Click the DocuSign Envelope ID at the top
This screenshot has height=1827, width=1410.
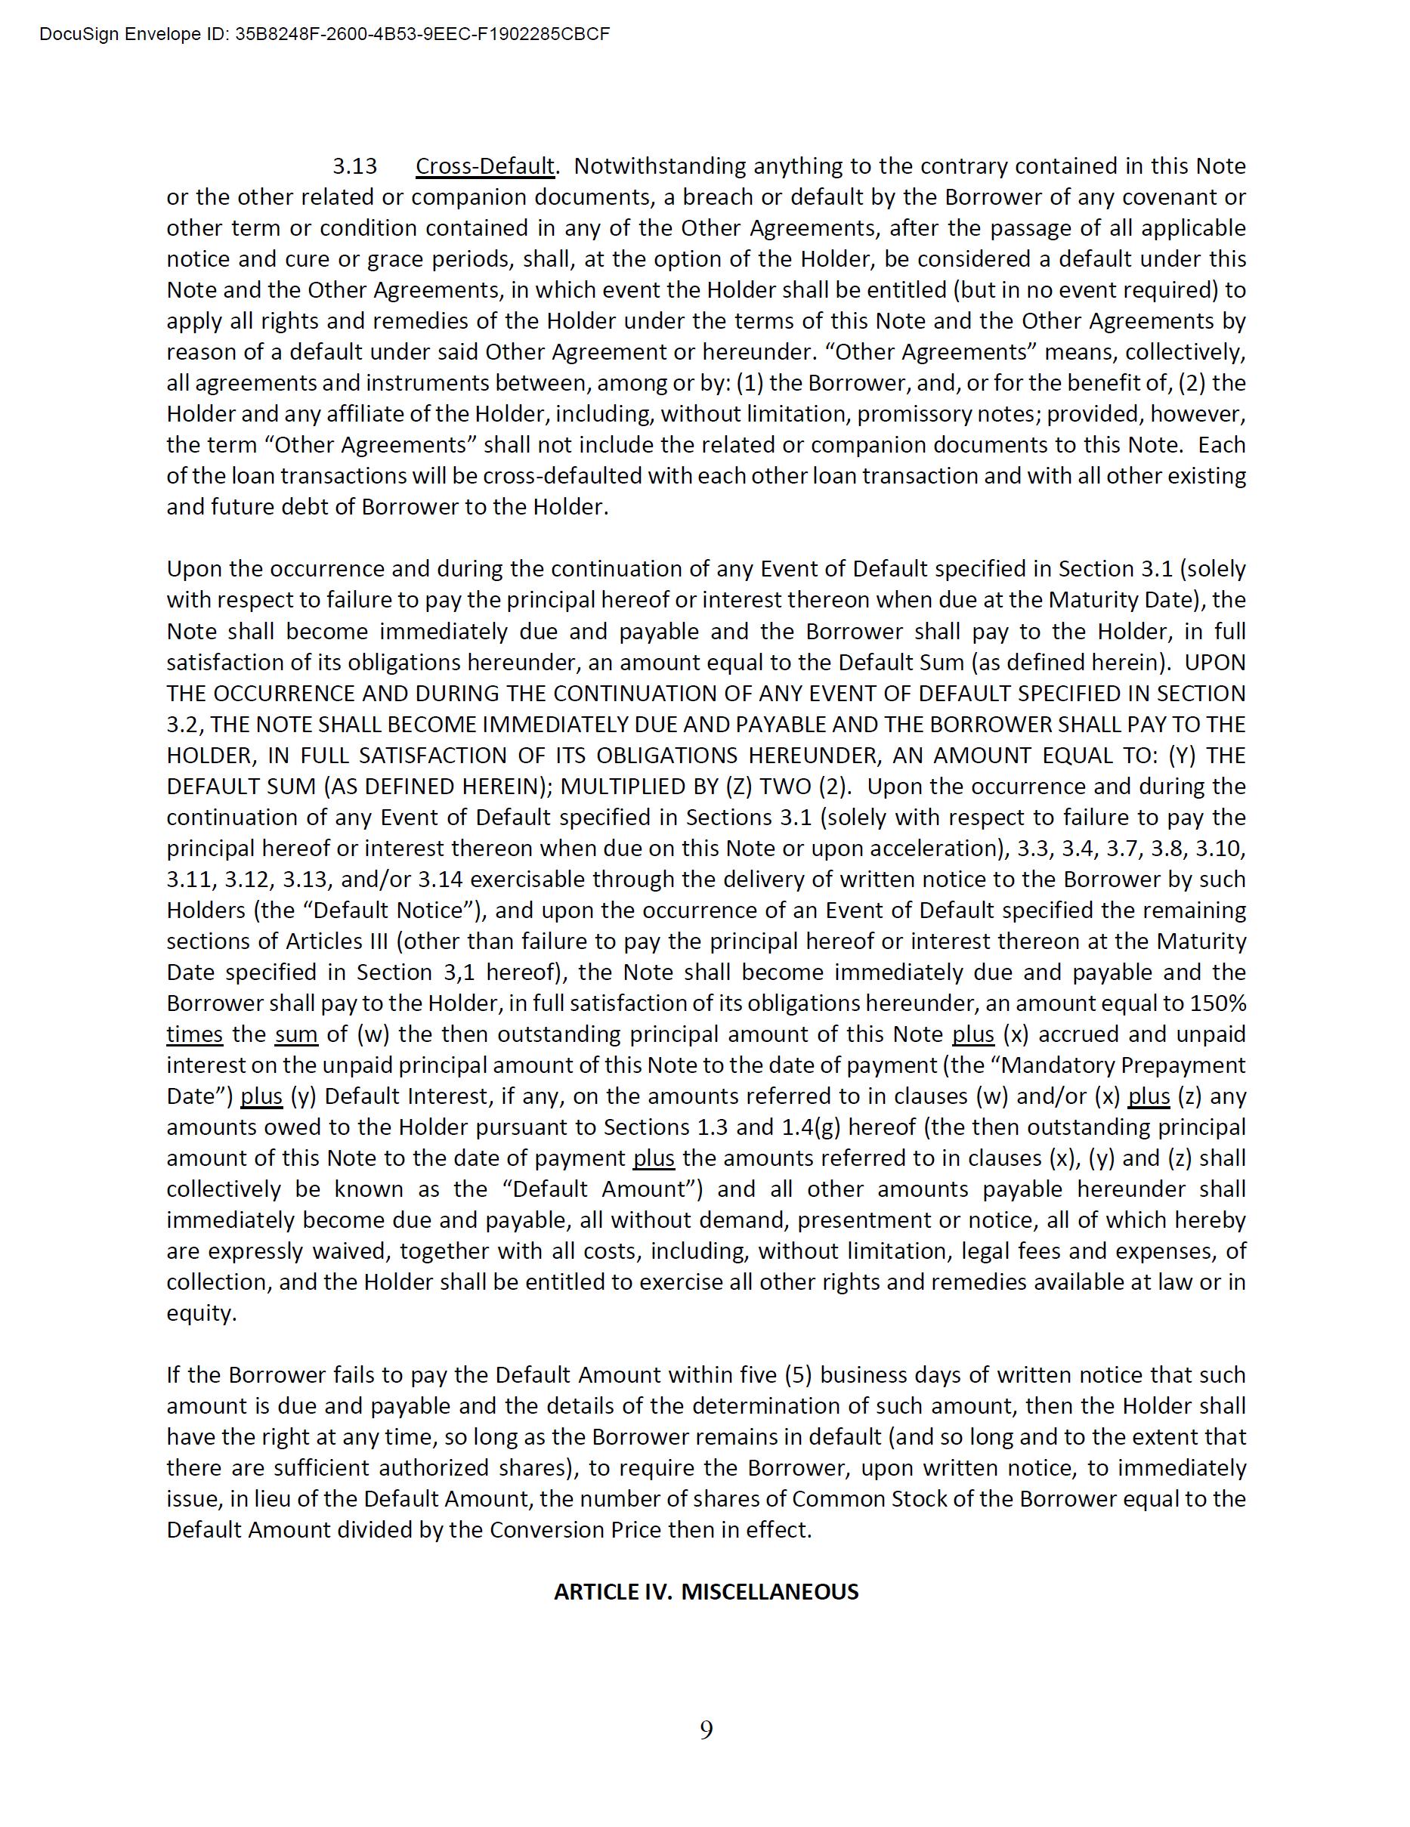click(325, 34)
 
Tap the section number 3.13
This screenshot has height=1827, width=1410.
click(355, 166)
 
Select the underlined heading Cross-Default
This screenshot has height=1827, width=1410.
click(485, 166)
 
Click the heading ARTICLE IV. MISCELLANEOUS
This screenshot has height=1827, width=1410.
click(706, 1592)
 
